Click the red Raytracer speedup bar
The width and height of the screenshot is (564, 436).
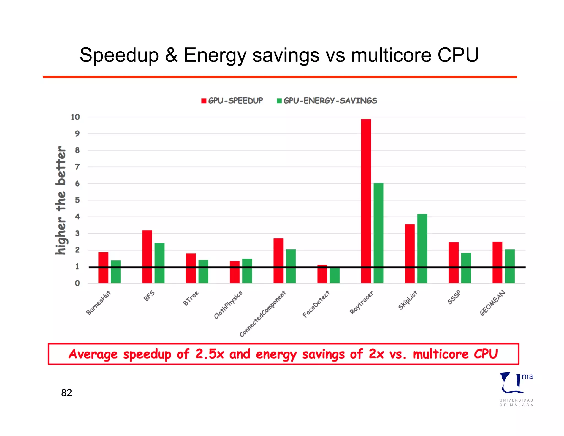coord(366,201)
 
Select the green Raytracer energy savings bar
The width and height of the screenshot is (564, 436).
coord(378,233)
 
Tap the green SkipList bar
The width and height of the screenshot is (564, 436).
coord(422,248)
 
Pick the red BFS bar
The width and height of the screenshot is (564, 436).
coord(147,257)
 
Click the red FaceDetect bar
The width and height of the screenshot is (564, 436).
coord(322,274)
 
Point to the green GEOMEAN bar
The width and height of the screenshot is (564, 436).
coord(510,266)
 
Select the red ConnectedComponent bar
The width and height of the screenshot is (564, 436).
coord(278,260)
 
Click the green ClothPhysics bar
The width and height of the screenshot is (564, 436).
coord(247,271)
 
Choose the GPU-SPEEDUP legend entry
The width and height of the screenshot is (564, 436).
coord(232,101)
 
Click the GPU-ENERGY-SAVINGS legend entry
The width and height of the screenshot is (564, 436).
coord(327,101)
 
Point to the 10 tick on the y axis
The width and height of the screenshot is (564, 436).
coord(75,117)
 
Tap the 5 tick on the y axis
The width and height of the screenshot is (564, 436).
coord(77,200)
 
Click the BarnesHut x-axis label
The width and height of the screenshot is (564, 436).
coord(98,303)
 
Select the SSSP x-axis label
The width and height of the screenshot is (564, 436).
coord(454,297)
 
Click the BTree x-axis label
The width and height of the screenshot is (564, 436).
coord(191,298)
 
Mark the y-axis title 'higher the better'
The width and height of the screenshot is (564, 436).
coord(61,200)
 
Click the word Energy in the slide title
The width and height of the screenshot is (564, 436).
coord(215,55)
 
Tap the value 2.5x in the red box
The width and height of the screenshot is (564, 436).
coord(210,354)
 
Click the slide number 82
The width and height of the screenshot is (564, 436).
coord(66,393)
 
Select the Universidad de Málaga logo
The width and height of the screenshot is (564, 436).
coord(516,389)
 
